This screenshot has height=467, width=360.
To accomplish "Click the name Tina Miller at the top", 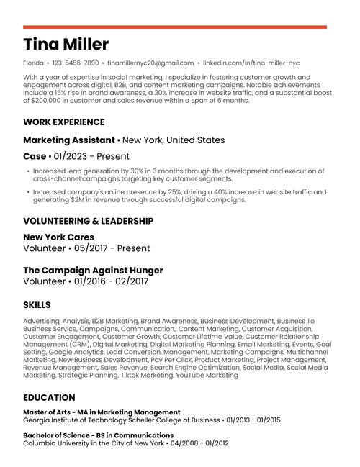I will (x=66, y=44).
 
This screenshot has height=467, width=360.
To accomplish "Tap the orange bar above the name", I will (x=174, y=27).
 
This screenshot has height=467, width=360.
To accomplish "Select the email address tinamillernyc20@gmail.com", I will (x=151, y=63).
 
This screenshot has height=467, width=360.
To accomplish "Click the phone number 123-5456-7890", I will (x=76, y=63).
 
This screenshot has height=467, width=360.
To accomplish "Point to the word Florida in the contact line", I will (x=34, y=63).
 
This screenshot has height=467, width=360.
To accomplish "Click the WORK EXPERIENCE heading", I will (x=63, y=122).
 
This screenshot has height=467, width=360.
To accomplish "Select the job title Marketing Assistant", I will (x=68, y=140).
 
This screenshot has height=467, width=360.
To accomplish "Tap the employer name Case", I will (x=34, y=156).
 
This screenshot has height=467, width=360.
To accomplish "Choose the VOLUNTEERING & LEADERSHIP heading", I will (x=88, y=221).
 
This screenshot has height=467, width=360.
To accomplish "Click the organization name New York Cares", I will (x=58, y=237).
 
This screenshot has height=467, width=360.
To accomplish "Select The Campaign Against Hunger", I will (x=93, y=271).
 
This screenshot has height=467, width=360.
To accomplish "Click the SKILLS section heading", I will (x=36, y=305).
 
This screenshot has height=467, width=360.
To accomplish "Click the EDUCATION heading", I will (x=49, y=397).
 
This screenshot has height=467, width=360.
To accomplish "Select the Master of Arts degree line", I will (x=102, y=412).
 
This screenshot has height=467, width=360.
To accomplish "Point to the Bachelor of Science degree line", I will (x=98, y=435).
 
